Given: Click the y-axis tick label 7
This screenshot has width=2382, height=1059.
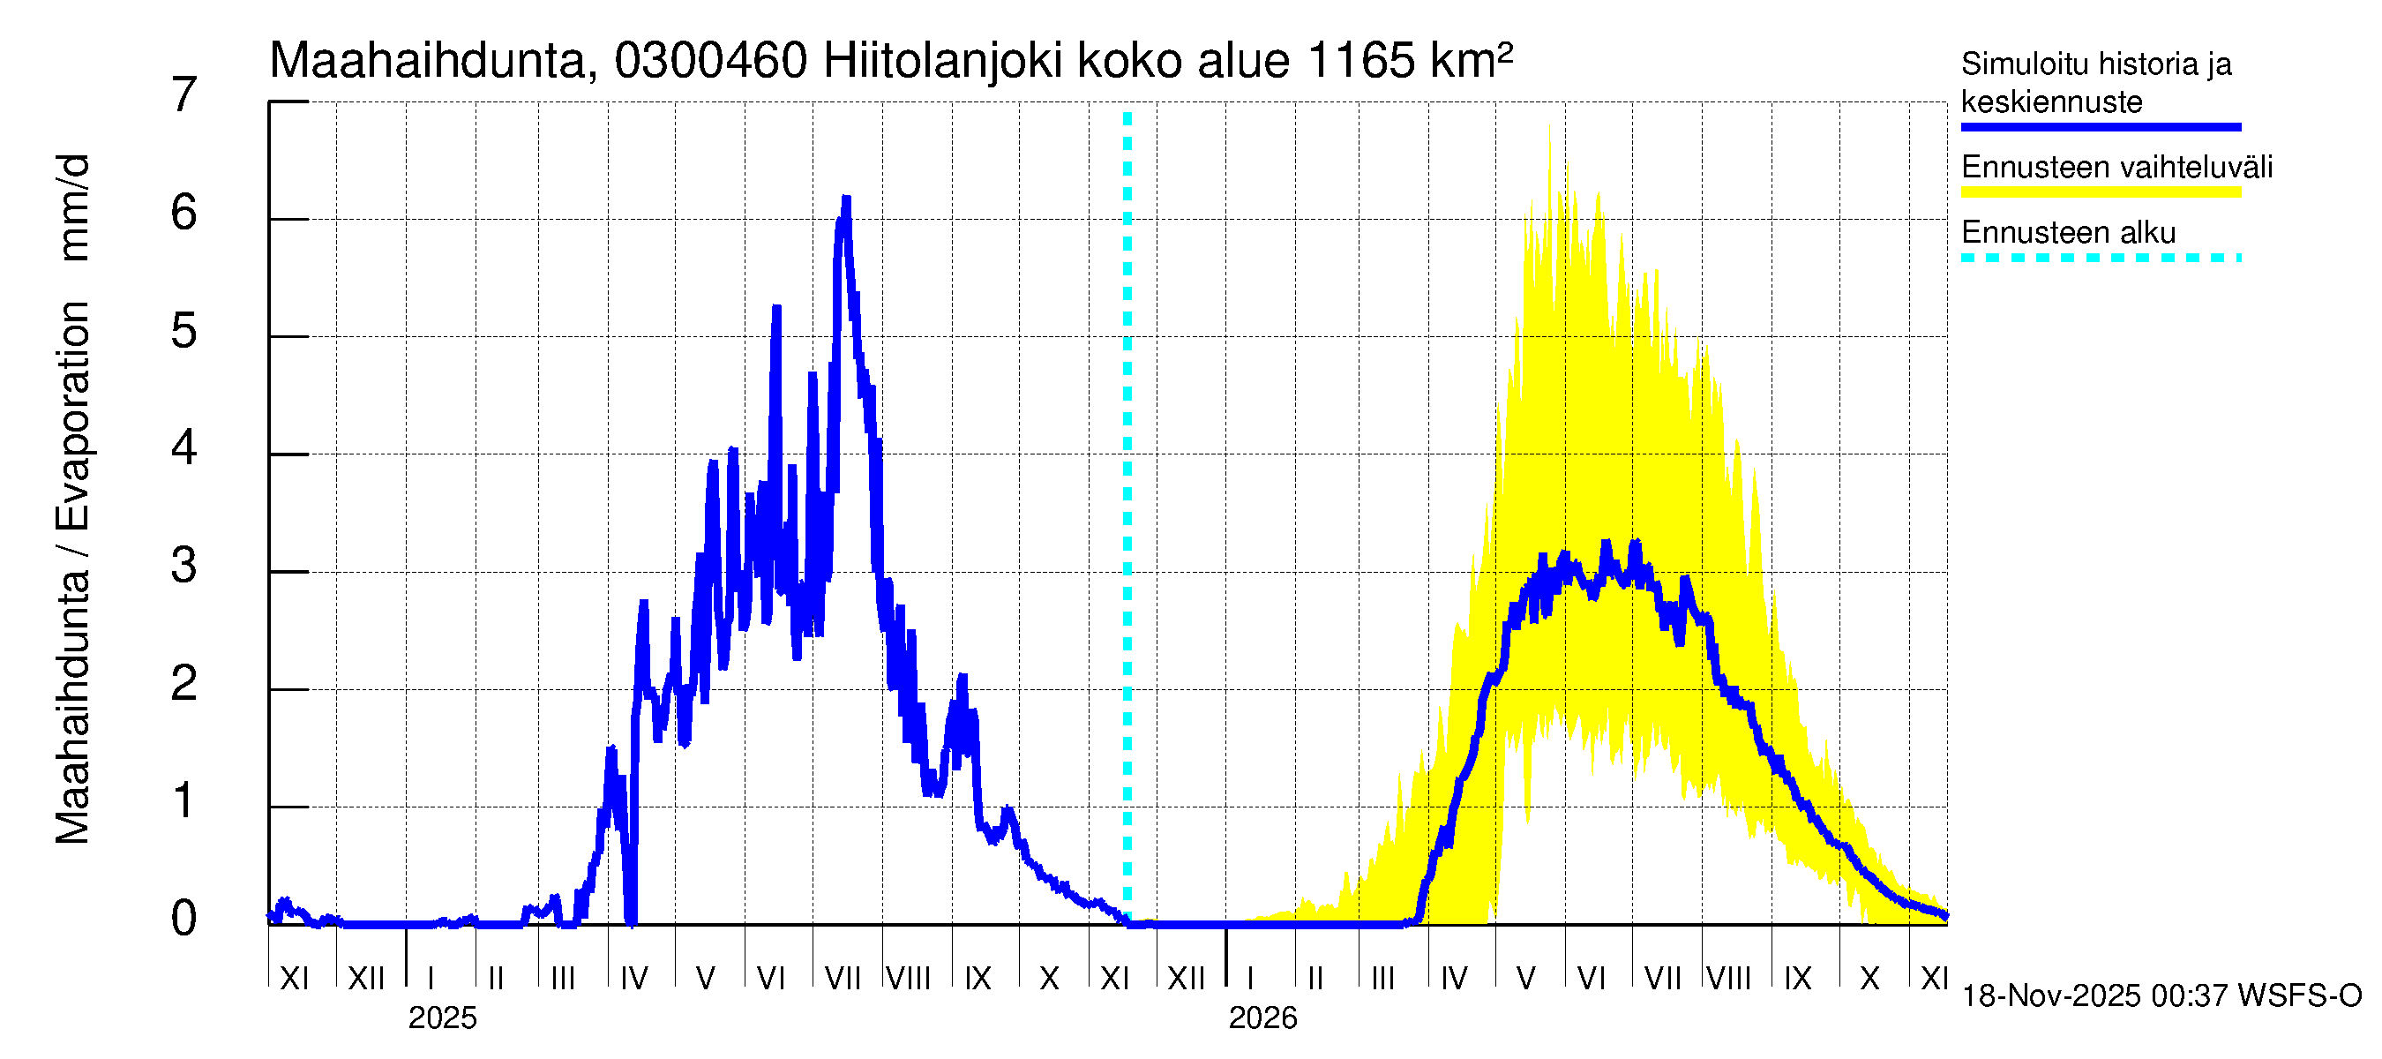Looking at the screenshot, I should pos(184,95).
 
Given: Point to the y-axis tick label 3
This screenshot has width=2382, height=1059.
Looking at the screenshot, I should pos(184,565).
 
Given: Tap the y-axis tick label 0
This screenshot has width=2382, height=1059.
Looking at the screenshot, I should pos(184,919).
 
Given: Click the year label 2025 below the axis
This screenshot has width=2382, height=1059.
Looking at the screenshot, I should pos(442,1018).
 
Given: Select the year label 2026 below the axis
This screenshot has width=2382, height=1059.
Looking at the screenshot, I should pos(1262,1018).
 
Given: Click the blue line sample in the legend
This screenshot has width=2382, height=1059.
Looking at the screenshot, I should pos(2100,127).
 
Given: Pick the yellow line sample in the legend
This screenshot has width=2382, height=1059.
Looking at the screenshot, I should pos(2100,192).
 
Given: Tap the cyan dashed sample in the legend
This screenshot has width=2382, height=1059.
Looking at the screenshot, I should pos(2100,258).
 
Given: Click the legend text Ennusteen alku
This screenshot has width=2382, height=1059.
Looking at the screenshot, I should pos(2068,232).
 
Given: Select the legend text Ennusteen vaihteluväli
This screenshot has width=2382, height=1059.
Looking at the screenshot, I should pos(2116,168).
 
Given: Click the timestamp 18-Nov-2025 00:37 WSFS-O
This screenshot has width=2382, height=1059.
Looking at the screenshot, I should pos(2161,996).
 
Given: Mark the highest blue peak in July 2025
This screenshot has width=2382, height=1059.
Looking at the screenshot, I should pos(846,199).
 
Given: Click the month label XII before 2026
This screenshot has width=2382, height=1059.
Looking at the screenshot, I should pos(1187,978).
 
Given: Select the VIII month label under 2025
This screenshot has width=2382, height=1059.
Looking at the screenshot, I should pos(908,978).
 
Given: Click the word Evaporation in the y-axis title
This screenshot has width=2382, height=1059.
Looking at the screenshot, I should pos(72,417).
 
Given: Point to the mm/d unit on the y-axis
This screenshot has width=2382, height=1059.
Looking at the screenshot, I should pos(72,207).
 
